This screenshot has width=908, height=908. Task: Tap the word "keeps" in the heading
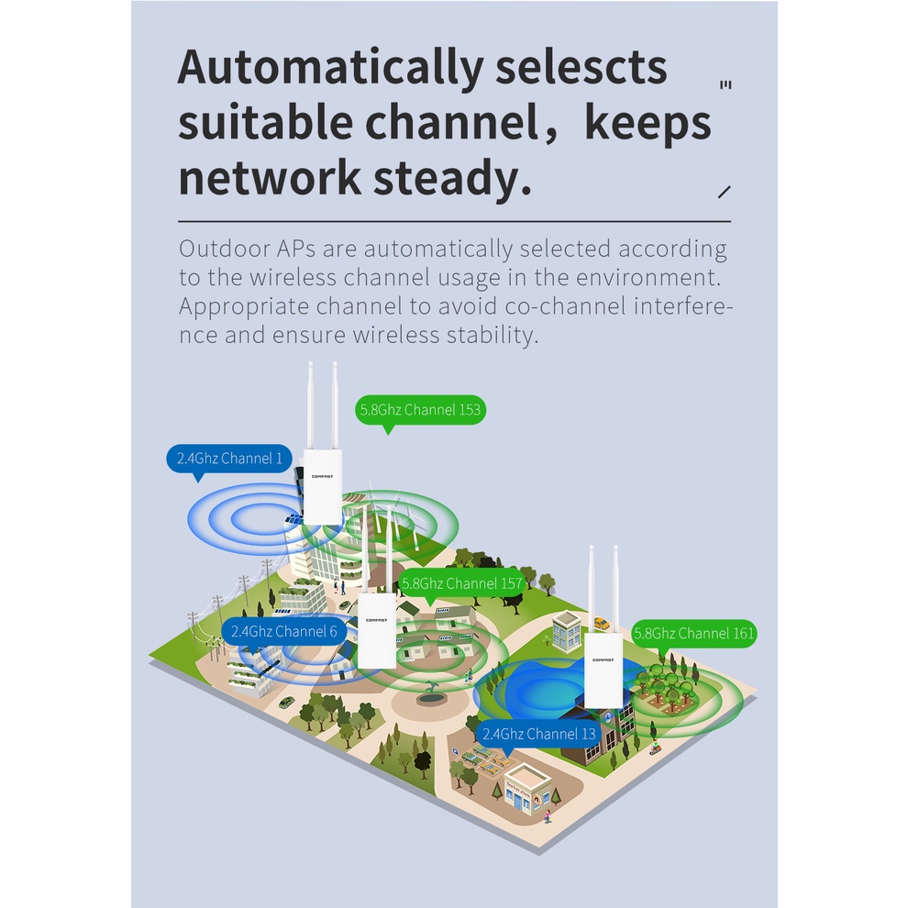pos(648,123)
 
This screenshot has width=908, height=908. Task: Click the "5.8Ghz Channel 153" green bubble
pos(420,410)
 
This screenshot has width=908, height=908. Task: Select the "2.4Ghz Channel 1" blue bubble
pos(229,458)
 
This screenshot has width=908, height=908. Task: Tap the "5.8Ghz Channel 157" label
pos(461,582)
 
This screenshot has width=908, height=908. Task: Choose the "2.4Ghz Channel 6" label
pos(283,631)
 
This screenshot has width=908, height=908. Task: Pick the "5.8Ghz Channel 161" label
pos(694,633)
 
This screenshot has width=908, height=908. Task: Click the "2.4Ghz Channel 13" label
pos(538,734)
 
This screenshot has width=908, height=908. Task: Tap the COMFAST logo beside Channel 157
pos(376,620)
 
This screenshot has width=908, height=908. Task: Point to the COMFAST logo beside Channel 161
pos(603,659)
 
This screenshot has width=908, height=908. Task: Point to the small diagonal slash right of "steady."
pos(725,192)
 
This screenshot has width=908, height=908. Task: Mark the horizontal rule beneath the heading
pos(454,221)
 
